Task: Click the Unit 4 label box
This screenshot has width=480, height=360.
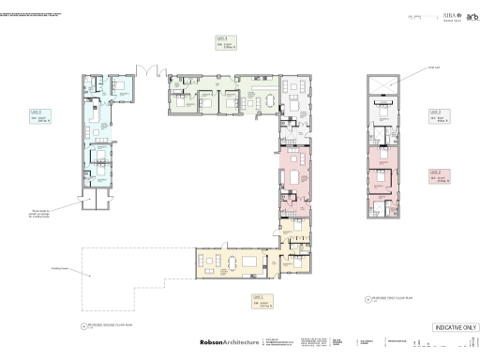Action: tap(225, 41)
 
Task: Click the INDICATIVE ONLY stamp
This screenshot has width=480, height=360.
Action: tap(456, 327)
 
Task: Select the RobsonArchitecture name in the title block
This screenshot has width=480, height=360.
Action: tap(229, 343)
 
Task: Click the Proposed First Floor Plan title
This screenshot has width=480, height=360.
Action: tap(388, 301)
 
